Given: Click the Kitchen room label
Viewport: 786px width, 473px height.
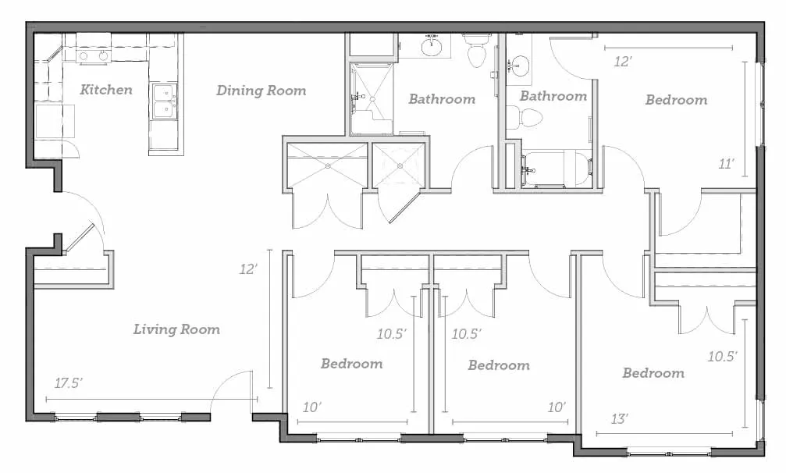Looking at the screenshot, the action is coord(106,90).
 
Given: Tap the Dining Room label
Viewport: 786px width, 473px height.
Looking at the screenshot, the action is coord(261,91).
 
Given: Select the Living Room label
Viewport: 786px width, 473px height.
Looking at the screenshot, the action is coord(176,329).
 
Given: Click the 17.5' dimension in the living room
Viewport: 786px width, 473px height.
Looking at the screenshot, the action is coord(69,383).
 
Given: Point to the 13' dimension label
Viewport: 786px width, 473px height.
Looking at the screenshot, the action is coord(620,418).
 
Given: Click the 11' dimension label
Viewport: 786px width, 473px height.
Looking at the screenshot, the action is coord(727,164).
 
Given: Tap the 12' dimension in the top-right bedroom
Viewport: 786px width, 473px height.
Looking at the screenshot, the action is coord(623,62).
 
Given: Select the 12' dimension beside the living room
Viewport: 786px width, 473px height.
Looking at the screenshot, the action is coord(248,269).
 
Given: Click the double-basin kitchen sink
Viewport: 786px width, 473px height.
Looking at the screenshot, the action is coord(165,101).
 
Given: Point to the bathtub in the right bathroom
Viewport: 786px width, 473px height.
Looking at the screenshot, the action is coord(556,169).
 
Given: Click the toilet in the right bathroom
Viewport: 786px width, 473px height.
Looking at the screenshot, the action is coord(526,118).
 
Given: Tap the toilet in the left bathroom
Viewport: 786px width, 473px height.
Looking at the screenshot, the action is coord(476,50).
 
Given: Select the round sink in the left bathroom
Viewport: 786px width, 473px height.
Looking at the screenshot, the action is coord(432,47).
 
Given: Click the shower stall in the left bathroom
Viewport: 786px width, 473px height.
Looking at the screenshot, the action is coord(371,98).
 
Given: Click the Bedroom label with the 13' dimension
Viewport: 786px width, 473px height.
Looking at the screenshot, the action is coord(653,373).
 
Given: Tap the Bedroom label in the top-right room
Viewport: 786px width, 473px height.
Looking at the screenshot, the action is coord(676,100).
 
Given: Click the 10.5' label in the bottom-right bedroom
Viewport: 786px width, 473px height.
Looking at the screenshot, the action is coord(722,356).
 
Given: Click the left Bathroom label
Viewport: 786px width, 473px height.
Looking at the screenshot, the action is coord(442,98).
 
